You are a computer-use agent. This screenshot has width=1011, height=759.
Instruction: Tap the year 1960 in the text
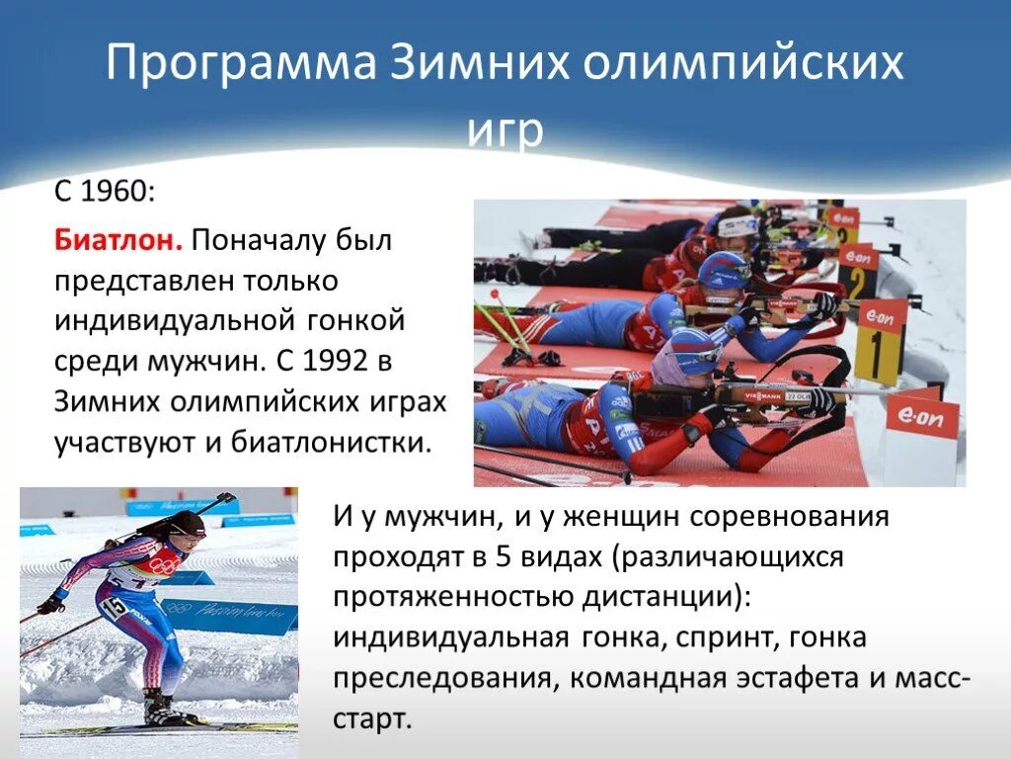click(x=116, y=190)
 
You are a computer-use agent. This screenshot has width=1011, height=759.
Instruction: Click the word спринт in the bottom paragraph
click(x=725, y=636)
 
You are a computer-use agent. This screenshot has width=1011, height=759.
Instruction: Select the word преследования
click(x=442, y=678)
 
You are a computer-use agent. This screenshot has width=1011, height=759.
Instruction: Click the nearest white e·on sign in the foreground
click(x=921, y=416)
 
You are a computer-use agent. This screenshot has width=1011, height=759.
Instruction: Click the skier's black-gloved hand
click(x=49, y=603)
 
